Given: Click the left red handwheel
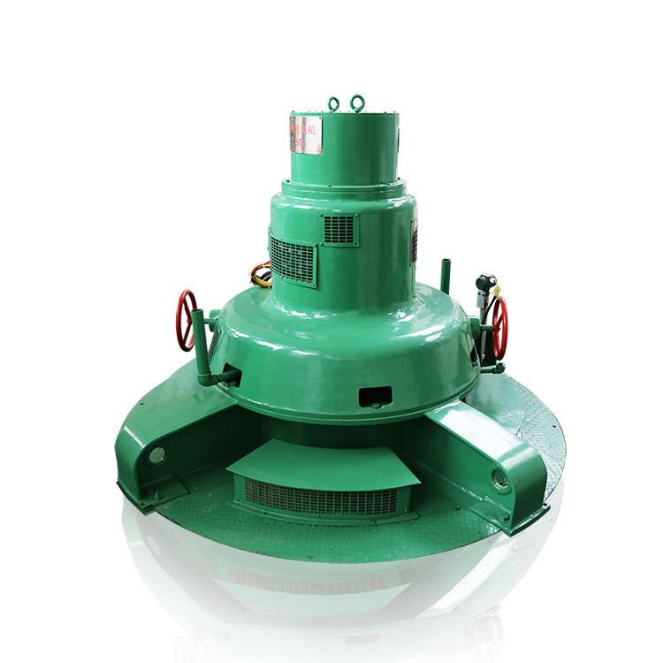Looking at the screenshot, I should [186, 320].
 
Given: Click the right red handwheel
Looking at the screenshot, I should [500, 327].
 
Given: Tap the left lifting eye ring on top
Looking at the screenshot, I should [334, 104].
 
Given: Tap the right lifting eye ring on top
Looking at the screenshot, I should [357, 103].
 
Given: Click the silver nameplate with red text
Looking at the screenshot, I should [306, 134].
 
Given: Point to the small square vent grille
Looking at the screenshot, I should [339, 230].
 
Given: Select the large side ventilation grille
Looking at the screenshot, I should [293, 259].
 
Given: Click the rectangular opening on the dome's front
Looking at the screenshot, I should [376, 396].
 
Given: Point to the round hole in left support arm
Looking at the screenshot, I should [157, 455].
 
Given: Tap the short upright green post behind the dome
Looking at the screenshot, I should [446, 275].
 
